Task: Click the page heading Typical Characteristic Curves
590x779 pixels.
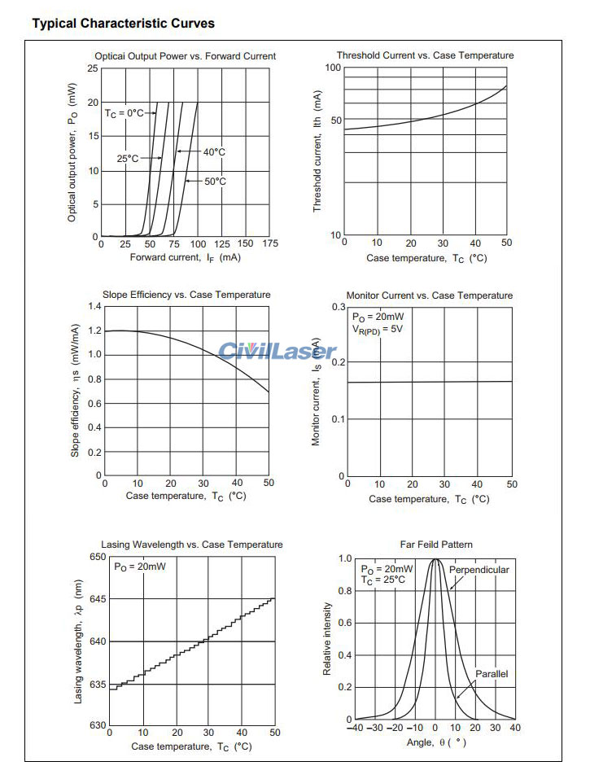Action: (x=123, y=24)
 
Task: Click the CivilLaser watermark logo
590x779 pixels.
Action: (x=277, y=352)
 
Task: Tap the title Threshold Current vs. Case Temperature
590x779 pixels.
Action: (x=425, y=55)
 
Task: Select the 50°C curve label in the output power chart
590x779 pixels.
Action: (x=215, y=182)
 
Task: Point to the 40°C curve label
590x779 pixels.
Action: (x=214, y=152)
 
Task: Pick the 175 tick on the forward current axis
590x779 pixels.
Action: (x=271, y=243)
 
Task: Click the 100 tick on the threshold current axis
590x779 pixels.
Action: (x=332, y=68)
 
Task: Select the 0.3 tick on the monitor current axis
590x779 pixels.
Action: (x=338, y=306)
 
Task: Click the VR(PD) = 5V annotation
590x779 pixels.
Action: (x=378, y=330)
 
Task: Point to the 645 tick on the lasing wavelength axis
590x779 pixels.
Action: (x=97, y=600)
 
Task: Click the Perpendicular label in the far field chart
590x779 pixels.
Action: (x=479, y=570)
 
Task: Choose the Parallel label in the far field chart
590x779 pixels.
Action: (x=492, y=674)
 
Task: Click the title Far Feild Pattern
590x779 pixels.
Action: (x=436, y=545)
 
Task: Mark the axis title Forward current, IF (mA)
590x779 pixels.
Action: (x=185, y=257)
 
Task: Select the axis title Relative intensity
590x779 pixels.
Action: (x=327, y=639)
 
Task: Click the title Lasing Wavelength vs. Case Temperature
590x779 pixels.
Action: (x=192, y=545)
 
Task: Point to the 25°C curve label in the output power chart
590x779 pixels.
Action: (x=128, y=159)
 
